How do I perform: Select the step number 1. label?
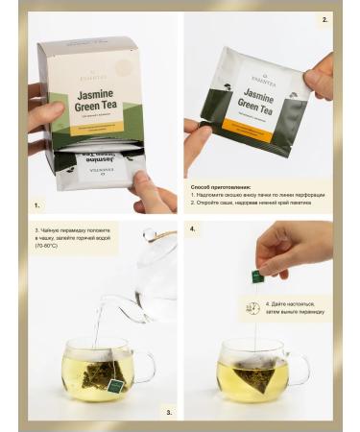pos(37,205)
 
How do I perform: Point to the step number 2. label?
pos(324,18)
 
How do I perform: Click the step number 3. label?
pos(169,412)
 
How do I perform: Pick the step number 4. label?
pos(192,230)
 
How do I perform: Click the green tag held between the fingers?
pos(257,276)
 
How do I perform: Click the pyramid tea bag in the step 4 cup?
pos(256,370)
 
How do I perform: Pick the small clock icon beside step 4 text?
pos(252,308)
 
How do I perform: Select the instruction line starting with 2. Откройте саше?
pos(253,204)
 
